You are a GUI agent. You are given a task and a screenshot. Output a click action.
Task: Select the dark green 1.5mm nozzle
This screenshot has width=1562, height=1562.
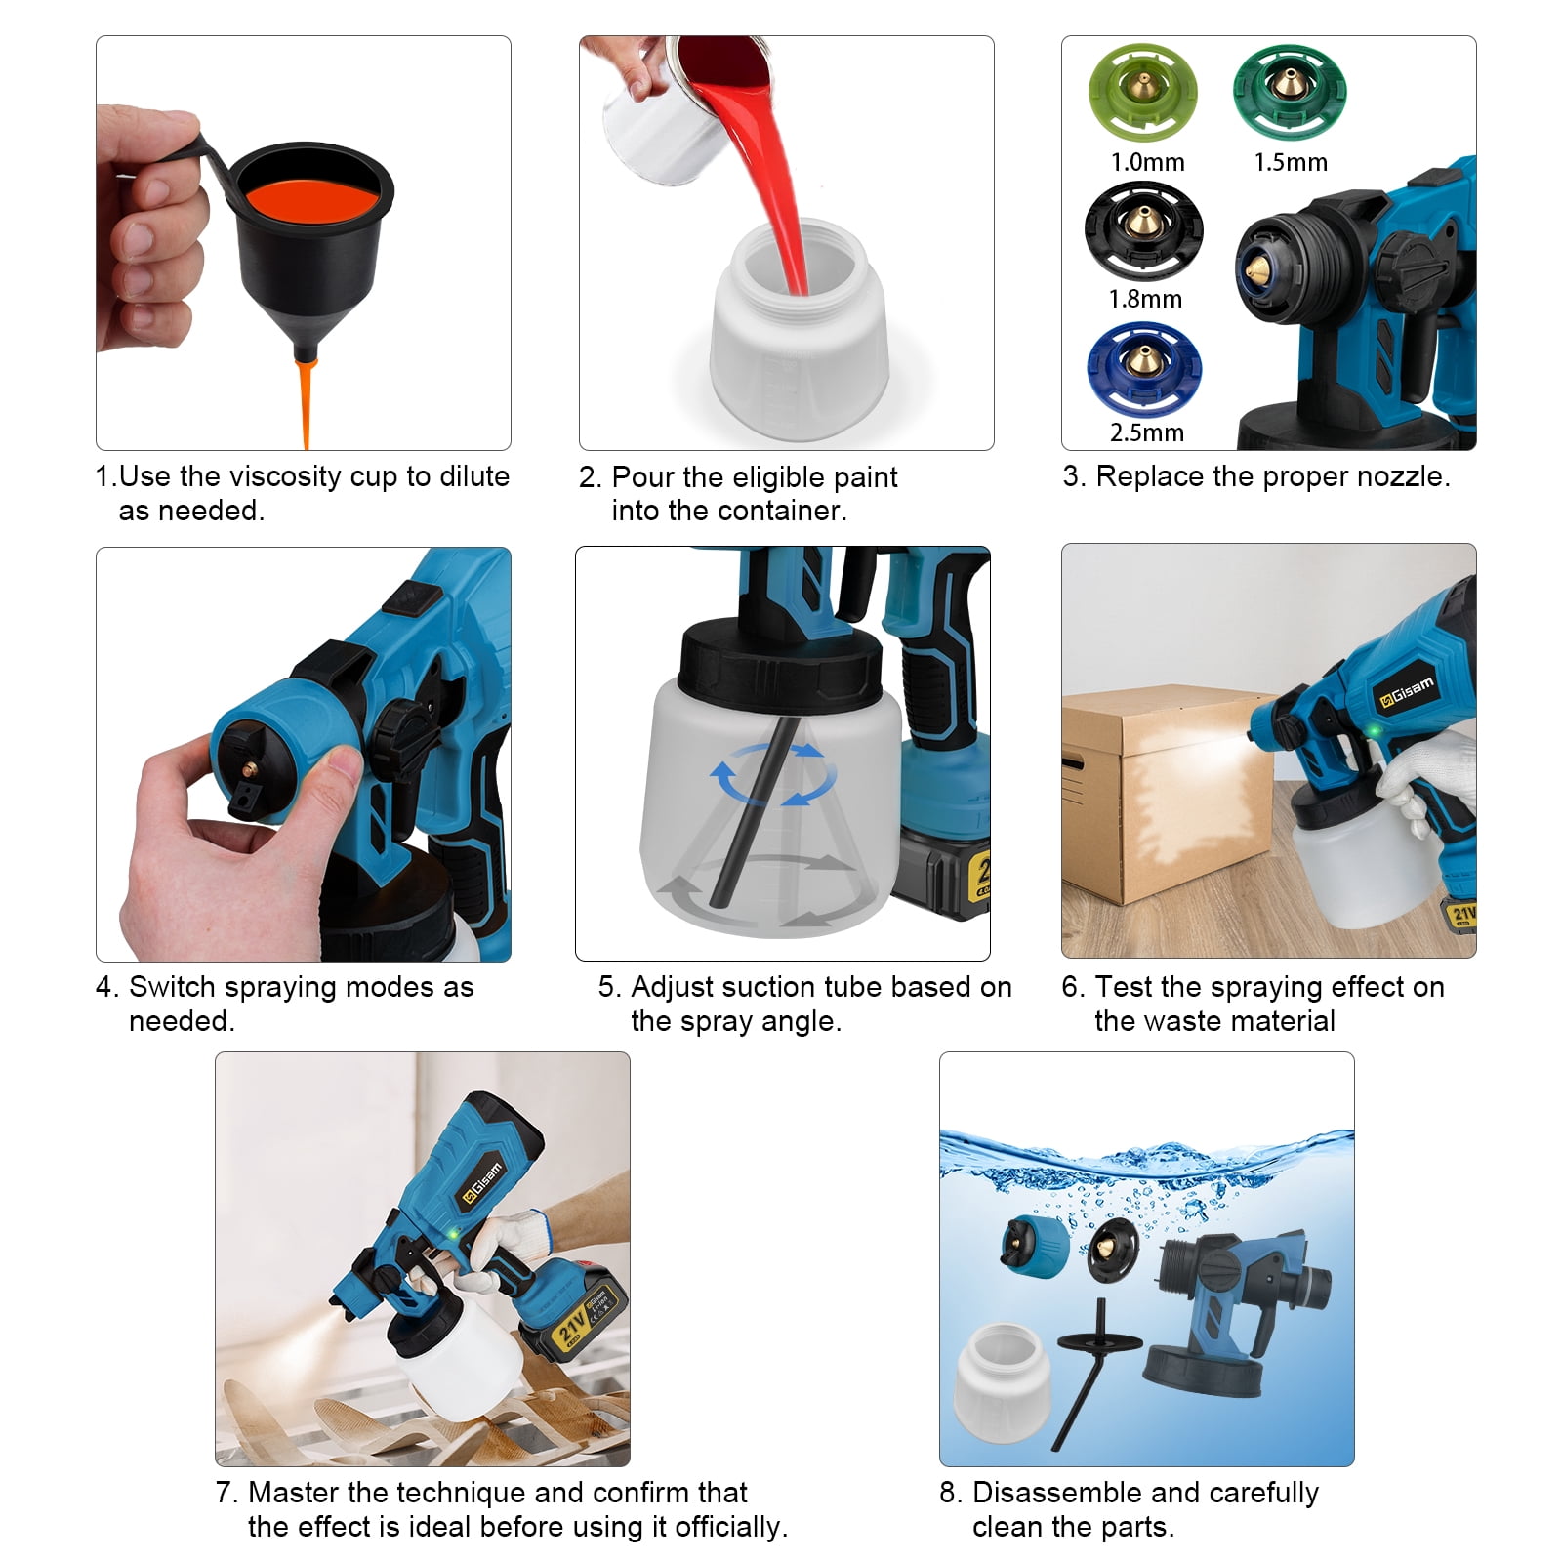pyautogui.click(x=1289, y=93)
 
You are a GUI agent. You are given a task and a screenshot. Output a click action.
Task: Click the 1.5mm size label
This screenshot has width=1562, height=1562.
pyautogui.click(x=1291, y=162)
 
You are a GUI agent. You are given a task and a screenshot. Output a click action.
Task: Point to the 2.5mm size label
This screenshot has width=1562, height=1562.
pyautogui.click(x=1146, y=432)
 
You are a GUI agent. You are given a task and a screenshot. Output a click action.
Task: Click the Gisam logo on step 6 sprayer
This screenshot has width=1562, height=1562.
pyautogui.click(x=1405, y=692)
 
